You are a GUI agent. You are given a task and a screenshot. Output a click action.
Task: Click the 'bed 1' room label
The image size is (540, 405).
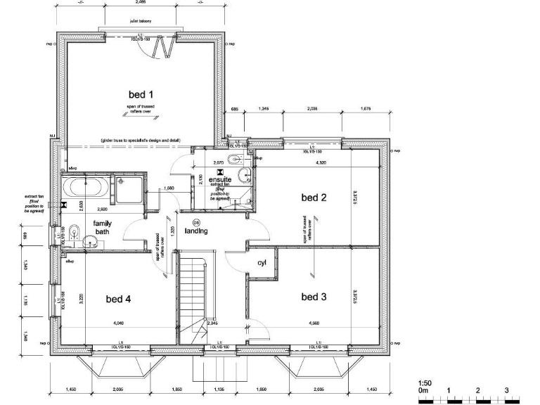coord(141,94)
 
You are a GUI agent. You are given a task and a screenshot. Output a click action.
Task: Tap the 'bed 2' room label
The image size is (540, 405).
coord(314,198)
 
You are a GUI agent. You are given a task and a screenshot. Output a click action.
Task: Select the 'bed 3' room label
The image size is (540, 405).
coord(314,297)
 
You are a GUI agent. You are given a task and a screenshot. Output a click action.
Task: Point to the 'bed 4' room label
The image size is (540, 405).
coord(119,300)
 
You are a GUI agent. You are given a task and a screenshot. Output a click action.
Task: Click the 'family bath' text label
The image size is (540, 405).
coord(103,226)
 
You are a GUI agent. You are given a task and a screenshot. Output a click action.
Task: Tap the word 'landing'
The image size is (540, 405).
coord(196,231)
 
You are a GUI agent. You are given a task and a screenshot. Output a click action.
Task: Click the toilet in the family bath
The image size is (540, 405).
coord(90,243)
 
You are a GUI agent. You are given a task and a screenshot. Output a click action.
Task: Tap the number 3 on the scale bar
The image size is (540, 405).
coord(506,390)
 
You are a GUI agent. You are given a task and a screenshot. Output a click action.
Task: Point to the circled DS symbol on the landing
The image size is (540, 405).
coord(196,223)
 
